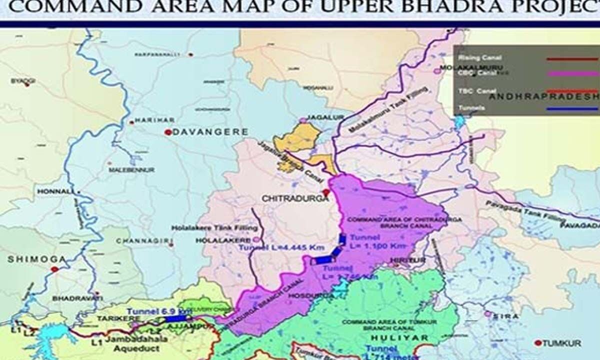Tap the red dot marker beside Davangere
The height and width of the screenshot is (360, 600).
168,132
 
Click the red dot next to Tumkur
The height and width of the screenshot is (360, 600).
537,343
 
